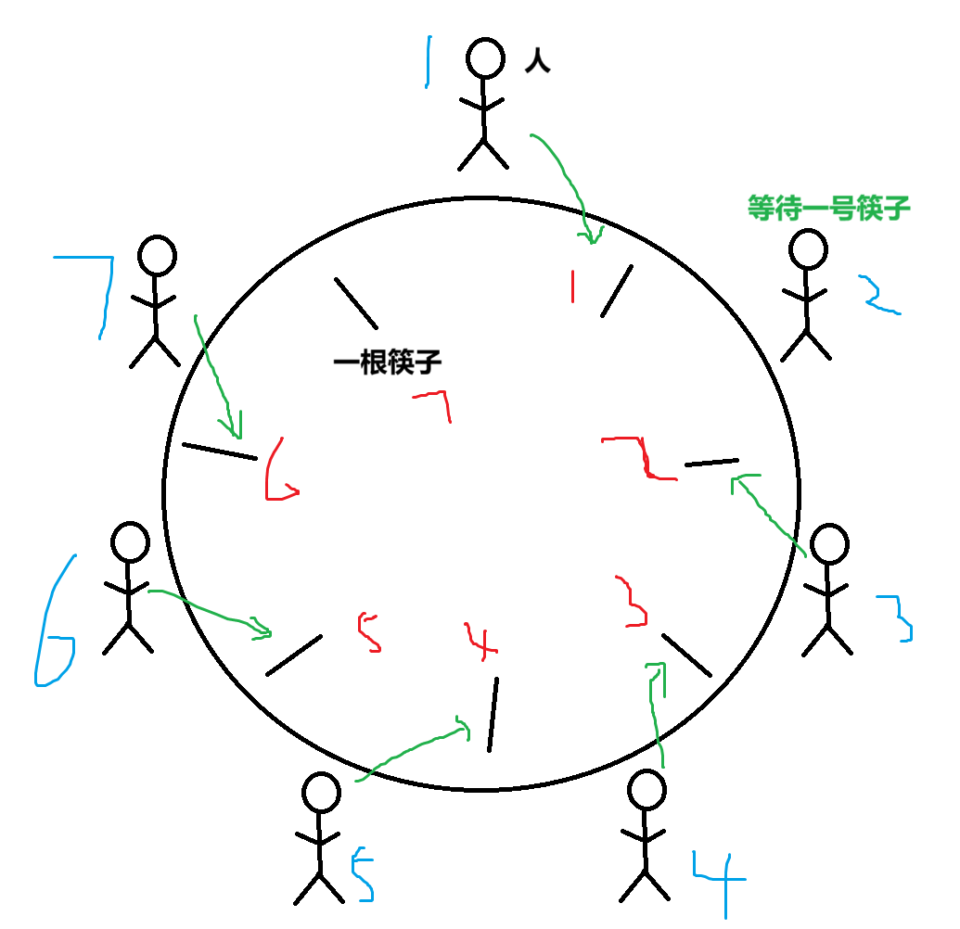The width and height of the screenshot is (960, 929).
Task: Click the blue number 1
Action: coord(428,62)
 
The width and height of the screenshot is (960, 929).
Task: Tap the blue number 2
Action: coord(877,296)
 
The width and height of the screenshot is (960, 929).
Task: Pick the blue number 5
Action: coord(363,874)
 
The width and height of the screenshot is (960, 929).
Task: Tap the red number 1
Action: coord(572,286)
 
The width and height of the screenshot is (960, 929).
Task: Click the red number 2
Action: coord(640,458)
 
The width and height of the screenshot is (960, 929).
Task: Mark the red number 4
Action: coord(480,641)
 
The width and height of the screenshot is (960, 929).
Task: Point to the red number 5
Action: coord(369,632)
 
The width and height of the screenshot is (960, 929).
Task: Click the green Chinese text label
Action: coord(829,208)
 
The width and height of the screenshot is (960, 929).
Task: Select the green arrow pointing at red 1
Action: coord(568,185)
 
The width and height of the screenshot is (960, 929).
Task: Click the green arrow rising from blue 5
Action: coord(413,752)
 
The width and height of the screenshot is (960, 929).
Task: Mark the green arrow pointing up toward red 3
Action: coord(657,714)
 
